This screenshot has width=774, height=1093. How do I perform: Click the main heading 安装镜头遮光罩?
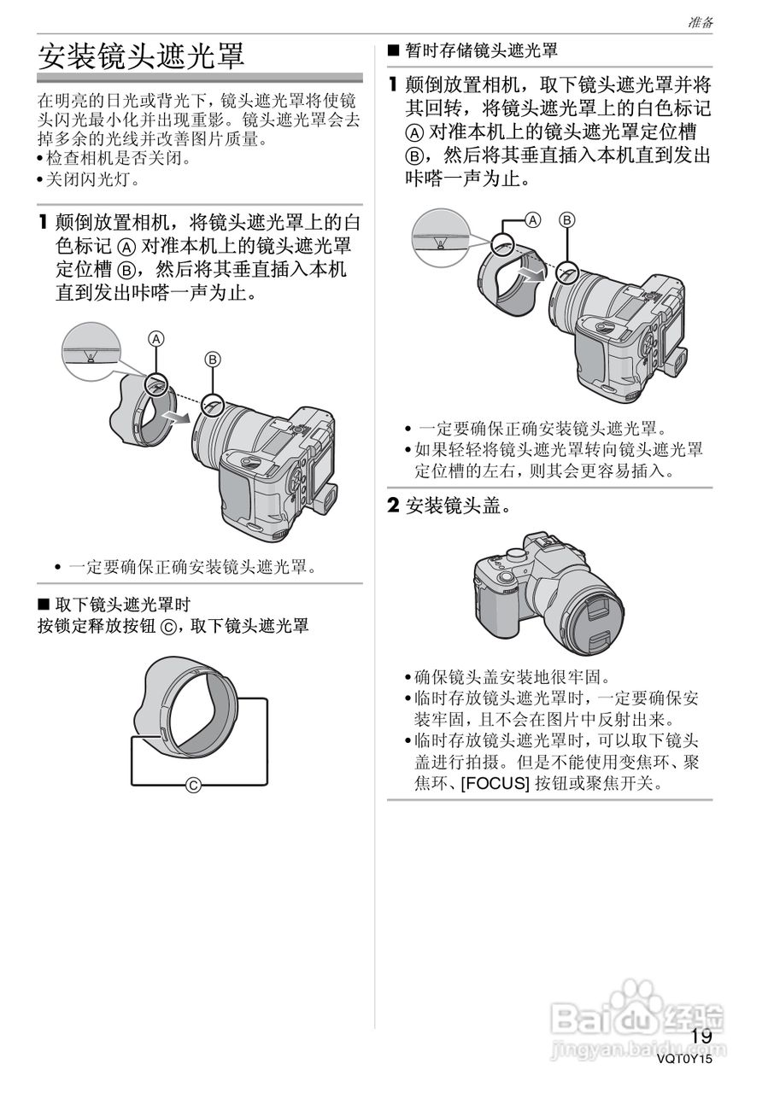pos(142,56)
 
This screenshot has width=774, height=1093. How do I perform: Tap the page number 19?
pos(701,1036)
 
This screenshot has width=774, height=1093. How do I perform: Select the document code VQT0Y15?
pos(684,1059)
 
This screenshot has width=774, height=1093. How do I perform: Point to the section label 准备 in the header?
pos(701,23)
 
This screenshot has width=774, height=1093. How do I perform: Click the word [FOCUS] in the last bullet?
pos(495,782)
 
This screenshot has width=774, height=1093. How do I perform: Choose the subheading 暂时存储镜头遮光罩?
pos(481,51)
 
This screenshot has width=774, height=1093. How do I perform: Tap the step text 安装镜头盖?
pos(458,506)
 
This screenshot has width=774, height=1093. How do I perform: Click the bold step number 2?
pos(394,506)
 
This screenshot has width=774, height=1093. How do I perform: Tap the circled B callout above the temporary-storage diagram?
pos(566,219)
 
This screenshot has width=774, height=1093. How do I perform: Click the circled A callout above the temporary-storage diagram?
pos(532,219)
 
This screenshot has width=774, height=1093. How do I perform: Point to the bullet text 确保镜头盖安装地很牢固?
pos(513,678)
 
